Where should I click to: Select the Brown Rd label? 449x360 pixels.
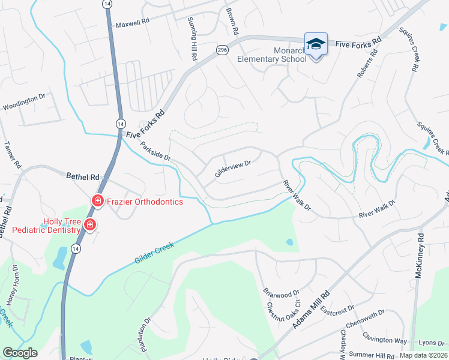[232, 22]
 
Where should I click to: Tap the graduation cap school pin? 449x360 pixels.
[316, 44]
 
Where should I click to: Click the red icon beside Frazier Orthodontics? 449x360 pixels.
[96, 200]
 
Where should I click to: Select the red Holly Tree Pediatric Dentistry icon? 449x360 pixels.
[89, 225]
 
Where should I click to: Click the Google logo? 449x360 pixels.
[20, 353]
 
